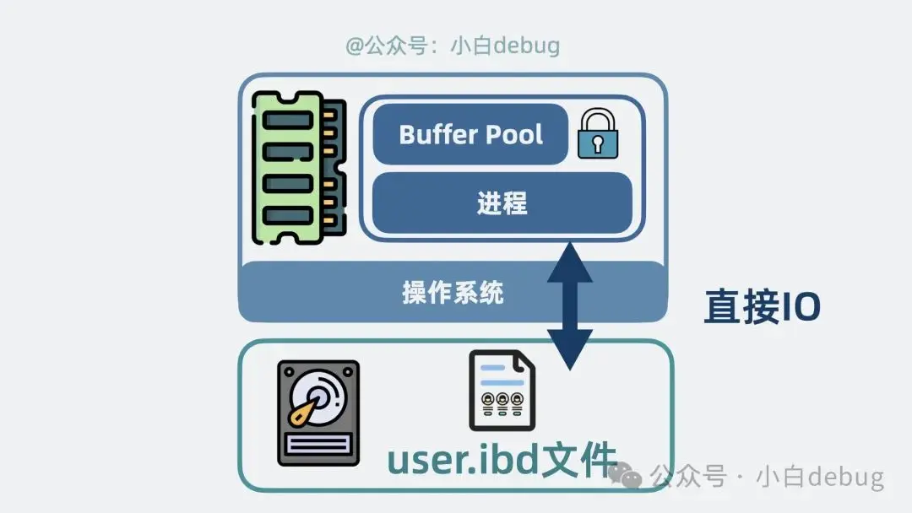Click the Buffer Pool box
tap(470, 134)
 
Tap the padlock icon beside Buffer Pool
tap(598, 134)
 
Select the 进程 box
tap(502, 203)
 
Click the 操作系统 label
tap(453, 293)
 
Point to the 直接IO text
tap(762, 308)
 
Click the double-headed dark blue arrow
tap(570, 305)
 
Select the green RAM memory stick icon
tap(298, 168)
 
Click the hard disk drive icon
tap(318, 413)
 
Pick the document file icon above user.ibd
tap(502, 390)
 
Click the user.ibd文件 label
tap(502, 460)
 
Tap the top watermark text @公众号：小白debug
tap(453, 45)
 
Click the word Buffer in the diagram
tap(434, 134)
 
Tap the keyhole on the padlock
tap(598, 144)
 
